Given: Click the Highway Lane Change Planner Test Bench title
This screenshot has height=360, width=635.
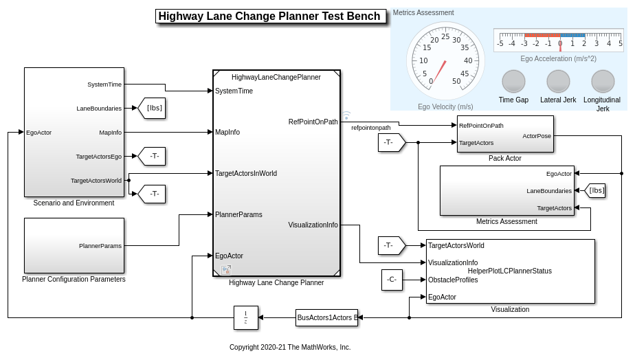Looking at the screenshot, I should (x=269, y=16).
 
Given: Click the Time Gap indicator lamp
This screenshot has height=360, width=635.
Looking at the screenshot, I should (x=513, y=81).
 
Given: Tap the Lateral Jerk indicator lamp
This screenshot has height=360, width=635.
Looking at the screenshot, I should (x=558, y=81).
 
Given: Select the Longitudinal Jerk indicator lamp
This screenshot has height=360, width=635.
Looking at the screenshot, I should (x=603, y=81).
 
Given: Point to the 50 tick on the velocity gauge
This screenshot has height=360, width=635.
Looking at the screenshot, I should (x=456, y=81).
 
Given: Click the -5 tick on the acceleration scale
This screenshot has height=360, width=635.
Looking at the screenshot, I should (x=500, y=43).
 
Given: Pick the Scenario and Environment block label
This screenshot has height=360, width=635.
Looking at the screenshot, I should (x=74, y=203).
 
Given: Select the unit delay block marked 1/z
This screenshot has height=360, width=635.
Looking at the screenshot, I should (x=245, y=317).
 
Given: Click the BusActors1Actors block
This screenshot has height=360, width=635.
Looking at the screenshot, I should (x=326, y=317).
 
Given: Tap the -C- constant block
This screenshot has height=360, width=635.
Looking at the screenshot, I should (x=392, y=280).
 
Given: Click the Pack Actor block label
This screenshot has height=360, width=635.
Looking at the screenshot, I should (x=504, y=159).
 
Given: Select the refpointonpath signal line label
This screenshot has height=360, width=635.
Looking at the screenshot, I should (x=371, y=128).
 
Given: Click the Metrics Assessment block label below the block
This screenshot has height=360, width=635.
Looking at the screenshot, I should (x=506, y=221).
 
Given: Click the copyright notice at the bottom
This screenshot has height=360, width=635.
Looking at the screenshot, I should (x=290, y=347).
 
